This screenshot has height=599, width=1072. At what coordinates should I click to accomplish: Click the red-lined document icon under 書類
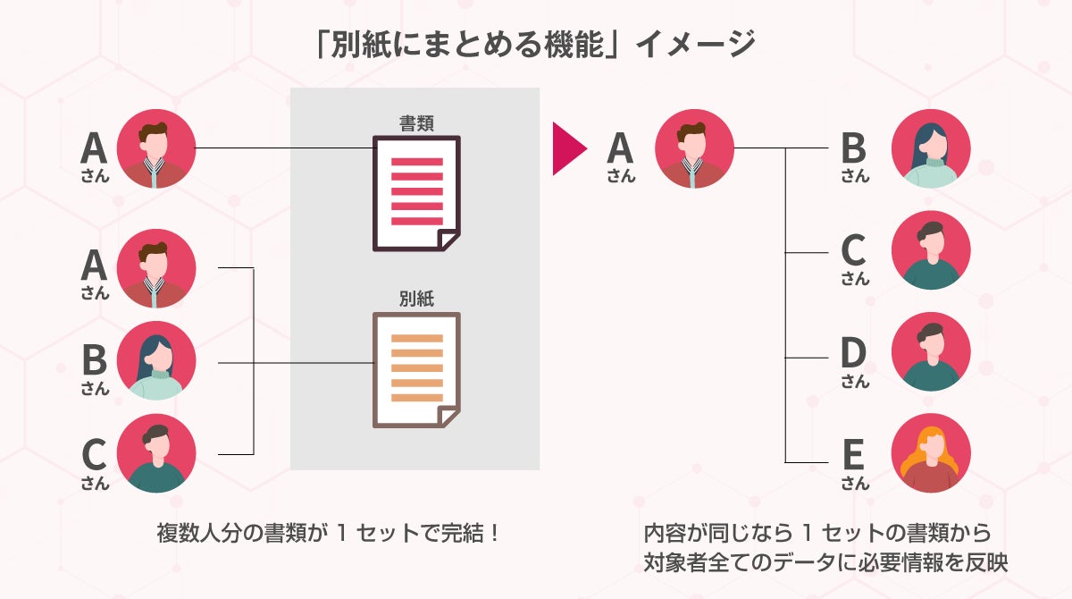pyautogui.click(x=415, y=192)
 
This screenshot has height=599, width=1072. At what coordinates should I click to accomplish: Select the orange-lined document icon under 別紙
pyautogui.click(x=415, y=368)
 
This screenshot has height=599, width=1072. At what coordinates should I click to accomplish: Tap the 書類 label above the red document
pyautogui.click(x=416, y=122)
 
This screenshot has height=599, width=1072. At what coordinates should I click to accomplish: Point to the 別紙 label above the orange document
pyautogui.click(x=416, y=299)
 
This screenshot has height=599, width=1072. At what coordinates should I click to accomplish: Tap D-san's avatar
pyautogui.click(x=930, y=351)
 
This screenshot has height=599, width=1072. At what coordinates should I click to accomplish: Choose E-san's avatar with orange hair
pyautogui.click(x=930, y=453)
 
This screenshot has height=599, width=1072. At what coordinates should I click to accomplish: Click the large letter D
pyautogui.click(x=854, y=354)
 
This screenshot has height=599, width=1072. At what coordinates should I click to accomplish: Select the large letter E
pyautogui.click(x=854, y=455)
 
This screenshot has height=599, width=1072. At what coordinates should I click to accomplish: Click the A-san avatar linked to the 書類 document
pyautogui.click(x=155, y=148)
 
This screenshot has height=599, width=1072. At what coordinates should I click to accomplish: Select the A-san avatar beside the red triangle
pyautogui.click(x=694, y=148)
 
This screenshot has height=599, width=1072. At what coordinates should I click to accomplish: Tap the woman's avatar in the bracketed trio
pyautogui.click(x=155, y=360)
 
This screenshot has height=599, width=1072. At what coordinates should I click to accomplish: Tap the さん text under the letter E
pyautogui.click(x=854, y=484)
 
